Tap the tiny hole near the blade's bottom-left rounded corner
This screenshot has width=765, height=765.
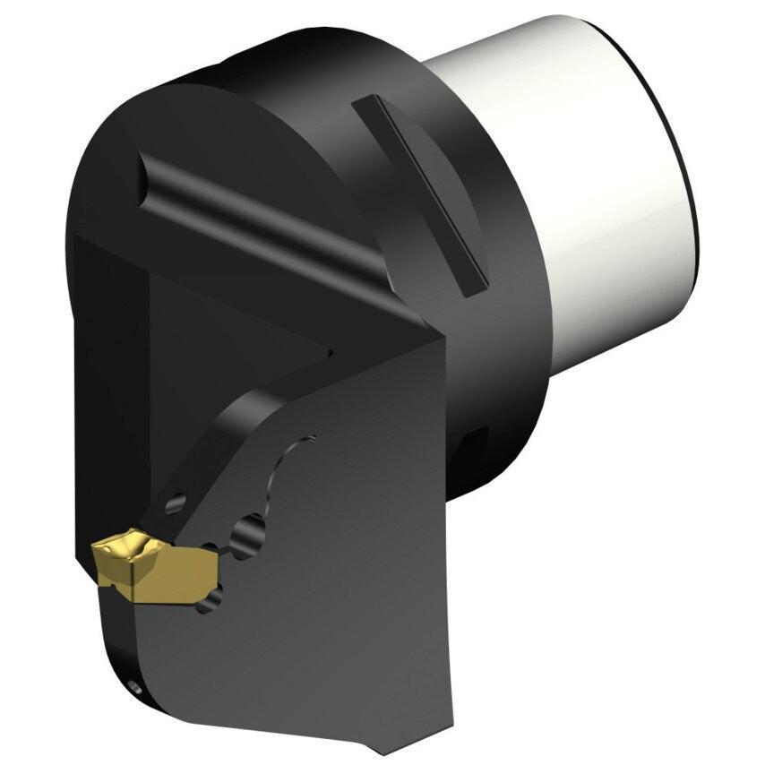pyautogui.click(x=134, y=688)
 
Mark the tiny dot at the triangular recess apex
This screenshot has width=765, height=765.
pyautogui.click(x=330, y=351)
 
